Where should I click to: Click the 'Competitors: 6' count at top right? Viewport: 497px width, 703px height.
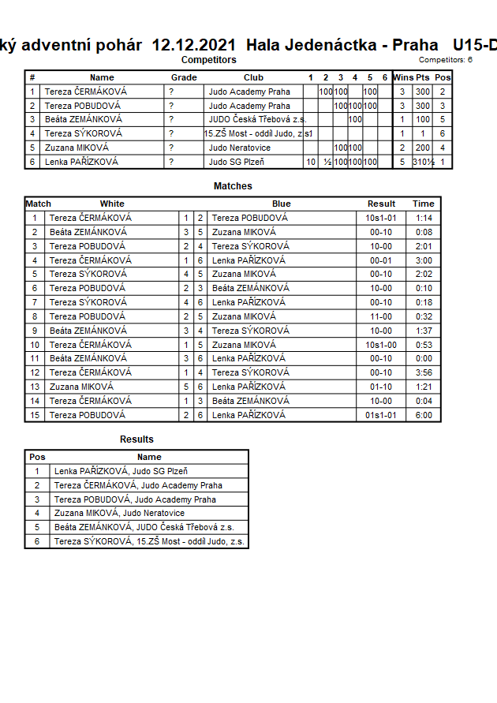(x=446, y=60)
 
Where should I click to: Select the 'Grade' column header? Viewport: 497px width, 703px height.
(x=184, y=77)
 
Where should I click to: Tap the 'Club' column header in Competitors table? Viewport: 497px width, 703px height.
(x=253, y=77)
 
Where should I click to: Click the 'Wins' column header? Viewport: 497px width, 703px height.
(x=402, y=77)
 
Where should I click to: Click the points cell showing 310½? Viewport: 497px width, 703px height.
(x=423, y=162)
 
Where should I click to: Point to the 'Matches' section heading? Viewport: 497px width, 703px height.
(x=233, y=186)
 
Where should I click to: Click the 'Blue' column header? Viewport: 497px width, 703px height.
(x=281, y=204)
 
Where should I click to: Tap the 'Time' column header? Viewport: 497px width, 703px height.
(x=423, y=204)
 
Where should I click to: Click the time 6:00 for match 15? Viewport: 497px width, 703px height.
(x=424, y=415)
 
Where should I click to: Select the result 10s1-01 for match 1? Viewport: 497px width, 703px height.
(x=381, y=218)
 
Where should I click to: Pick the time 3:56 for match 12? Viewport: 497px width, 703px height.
(x=424, y=372)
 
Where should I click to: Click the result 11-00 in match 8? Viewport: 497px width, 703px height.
(x=381, y=316)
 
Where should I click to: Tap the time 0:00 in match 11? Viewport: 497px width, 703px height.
(x=424, y=358)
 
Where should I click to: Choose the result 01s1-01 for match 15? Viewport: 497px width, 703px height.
(x=381, y=415)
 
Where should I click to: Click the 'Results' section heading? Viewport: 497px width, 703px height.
(x=136, y=439)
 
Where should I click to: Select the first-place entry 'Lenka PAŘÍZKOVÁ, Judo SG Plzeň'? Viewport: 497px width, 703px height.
(x=121, y=471)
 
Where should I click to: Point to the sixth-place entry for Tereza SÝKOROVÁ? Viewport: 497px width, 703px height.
(x=149, y=542)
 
